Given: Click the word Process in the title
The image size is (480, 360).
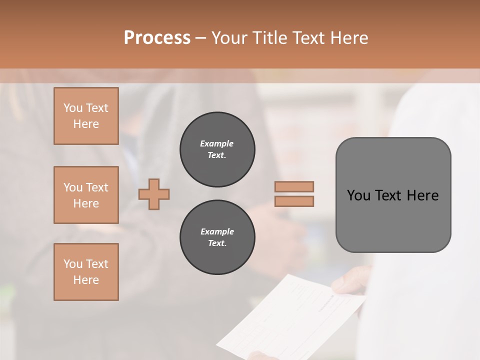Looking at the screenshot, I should click(x=157, y=38).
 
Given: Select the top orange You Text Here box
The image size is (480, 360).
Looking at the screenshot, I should click(x=86, y=116).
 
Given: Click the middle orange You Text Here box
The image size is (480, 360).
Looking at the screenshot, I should click(x=86, y=195).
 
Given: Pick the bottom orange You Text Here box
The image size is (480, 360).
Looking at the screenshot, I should click(x=86, y=272).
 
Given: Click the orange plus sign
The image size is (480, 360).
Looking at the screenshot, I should click(x=154, y=194).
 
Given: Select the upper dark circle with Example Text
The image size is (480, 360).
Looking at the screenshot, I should click(x=217, y=149).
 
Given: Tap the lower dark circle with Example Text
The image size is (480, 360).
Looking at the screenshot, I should click(x=217, y=237).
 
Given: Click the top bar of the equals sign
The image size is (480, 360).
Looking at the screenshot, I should click(x=294, y=186).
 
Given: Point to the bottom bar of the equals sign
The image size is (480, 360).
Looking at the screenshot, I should click(x=294, y=201).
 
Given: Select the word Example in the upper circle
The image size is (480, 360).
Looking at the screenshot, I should click(x=217, y=143).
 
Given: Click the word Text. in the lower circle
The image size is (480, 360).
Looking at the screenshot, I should click(x=217, y=243).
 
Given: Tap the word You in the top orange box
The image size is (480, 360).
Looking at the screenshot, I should click(x=73, y=108).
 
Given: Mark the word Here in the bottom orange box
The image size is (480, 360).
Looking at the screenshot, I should click(x=86, y=280).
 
